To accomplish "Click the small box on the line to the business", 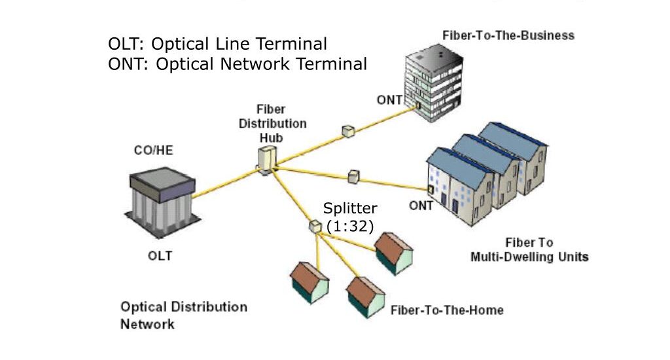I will [348, 131].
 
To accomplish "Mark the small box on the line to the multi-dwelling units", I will [353, 177].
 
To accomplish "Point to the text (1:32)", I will [349, 226].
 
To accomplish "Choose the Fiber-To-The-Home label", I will [447, 310].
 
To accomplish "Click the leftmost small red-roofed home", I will [309, 283].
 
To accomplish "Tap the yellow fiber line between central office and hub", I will [222, 184].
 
